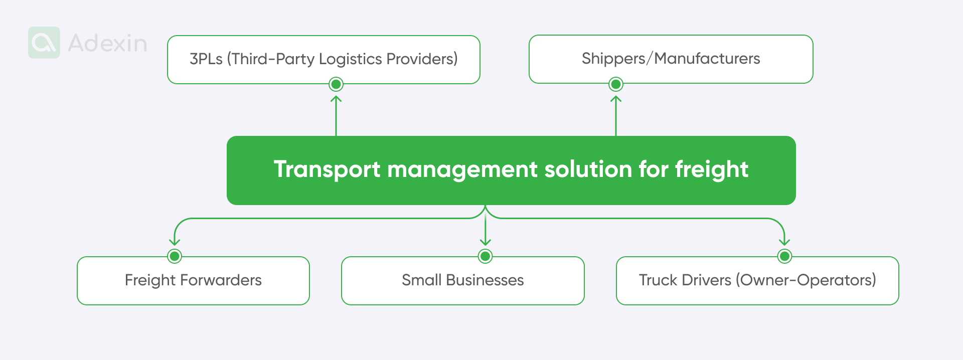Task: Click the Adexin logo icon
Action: [44, 43]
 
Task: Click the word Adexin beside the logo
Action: [107, 44]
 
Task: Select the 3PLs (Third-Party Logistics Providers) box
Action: [324, 59]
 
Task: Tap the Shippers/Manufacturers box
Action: [671, 59]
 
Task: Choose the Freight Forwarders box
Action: [193, 280]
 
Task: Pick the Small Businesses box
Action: [462, 280]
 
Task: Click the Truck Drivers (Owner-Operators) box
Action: [757, 280]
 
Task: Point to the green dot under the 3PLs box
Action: [336, 84]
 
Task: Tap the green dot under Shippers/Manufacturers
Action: [616, 84]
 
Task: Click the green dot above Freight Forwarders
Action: [175, 256]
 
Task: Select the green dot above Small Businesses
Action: [485, 256]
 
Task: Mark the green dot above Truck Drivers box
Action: [784, 256]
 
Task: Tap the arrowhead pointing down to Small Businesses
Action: [485, 242]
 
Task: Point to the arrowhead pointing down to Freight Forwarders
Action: [175, 242]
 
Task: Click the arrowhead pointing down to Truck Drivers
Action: [784, 242]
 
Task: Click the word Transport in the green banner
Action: [327, 169]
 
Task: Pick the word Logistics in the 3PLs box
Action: [351, 59]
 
